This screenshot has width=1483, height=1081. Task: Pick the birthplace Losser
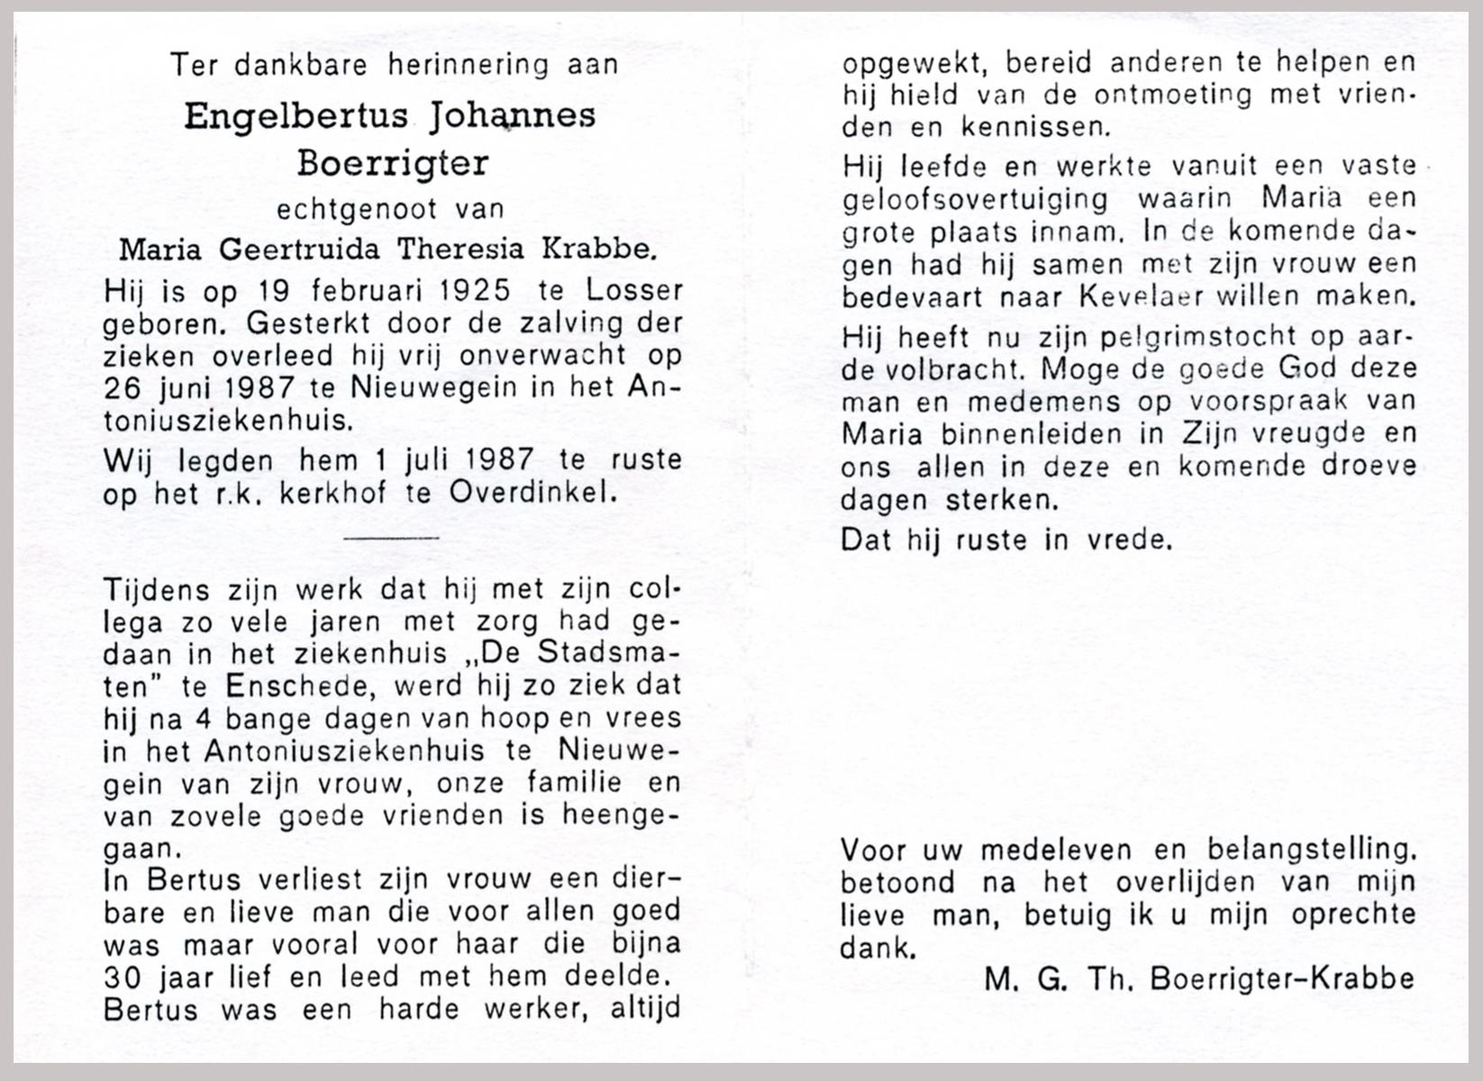(634, 291)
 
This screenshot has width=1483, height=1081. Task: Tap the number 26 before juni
(123, 388)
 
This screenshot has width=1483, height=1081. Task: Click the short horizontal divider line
(392, 538)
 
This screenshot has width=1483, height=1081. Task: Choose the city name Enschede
(296, 687)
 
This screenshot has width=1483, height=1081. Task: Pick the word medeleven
(1059, 849)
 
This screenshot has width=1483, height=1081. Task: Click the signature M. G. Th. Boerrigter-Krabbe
(1198, 978)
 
